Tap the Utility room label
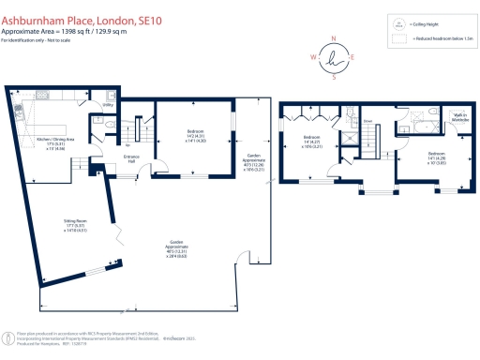point(108,106)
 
